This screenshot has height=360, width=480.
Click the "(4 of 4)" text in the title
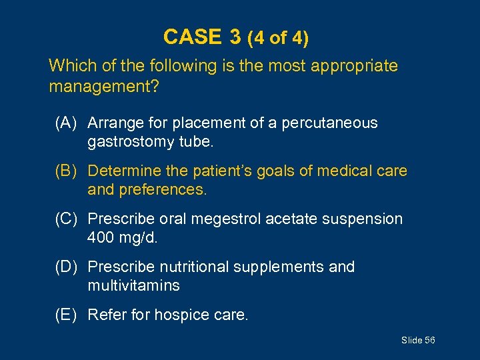277,38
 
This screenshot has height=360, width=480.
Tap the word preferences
163,190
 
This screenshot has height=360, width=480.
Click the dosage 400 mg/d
123,238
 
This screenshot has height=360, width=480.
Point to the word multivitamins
133,286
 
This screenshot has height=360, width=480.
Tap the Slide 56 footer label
418,341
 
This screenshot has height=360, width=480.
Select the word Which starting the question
69,66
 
